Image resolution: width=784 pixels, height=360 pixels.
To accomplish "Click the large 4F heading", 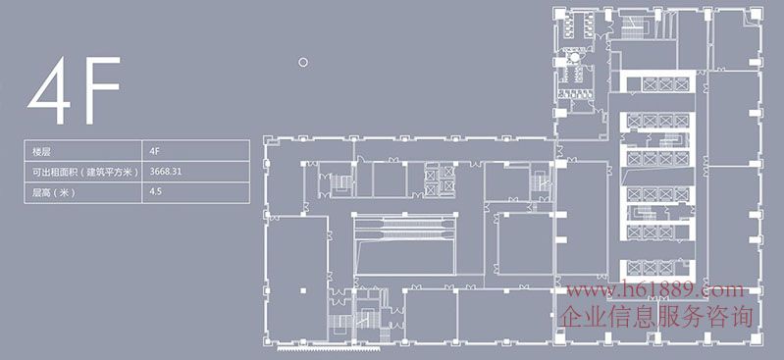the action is pyautogui.click(x=74, y=90).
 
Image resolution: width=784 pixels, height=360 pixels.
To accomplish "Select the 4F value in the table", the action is pyautogui.click(x=155, y=150).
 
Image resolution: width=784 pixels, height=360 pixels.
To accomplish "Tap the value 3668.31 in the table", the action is pyautogui.click(x=166, y=172).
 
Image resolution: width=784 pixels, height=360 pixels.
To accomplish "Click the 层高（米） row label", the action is pyautogui.click(x=54, y=192).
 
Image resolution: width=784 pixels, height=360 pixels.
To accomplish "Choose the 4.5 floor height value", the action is pyautogui.click(x=155, y=192).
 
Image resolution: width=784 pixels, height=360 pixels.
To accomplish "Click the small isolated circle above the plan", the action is pyautogui.click(x=302, y=63).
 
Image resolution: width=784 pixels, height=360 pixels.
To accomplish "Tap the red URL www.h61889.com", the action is pyautogui.click(x=655, y=289).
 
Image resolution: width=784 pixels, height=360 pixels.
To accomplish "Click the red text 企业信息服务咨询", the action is pyautogui.click(x=656, y=317).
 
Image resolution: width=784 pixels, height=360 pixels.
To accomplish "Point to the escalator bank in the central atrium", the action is pyautogui.click(x=404, y=228).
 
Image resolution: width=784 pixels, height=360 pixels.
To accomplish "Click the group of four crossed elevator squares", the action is pyautogui.click(x=440, y=180).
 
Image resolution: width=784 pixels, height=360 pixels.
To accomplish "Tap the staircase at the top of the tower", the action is pyautogui.click(x=635, y=26).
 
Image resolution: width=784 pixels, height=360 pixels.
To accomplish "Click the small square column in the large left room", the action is pyautogui.click(x=302, y=290).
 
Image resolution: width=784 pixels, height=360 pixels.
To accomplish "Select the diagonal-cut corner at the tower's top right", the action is pyautogui.click(x=755, y=15).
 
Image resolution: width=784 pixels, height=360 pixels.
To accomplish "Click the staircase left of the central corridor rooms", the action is pyautogui.click(x=341, y=183).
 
